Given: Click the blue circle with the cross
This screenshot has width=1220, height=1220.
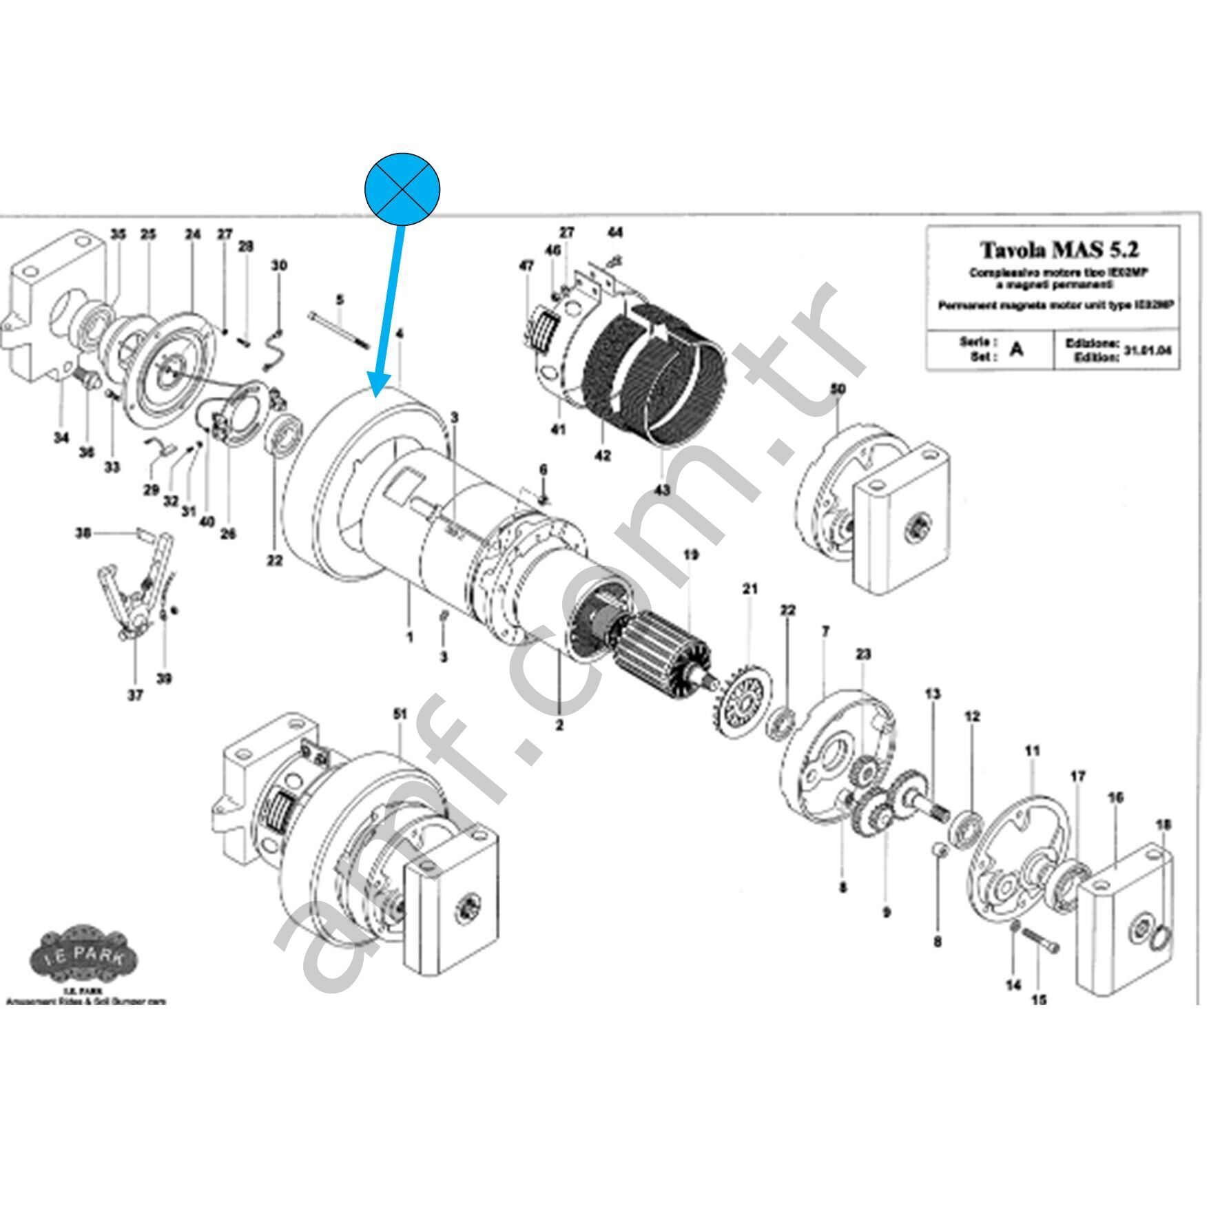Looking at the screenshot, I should [402, 189].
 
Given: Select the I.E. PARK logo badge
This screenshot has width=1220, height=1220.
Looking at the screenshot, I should [84, 957].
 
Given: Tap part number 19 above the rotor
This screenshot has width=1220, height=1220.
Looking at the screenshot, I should [690, 555].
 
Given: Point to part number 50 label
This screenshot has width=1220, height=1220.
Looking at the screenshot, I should [837, 389].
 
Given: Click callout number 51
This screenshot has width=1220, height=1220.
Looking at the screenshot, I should [400, 715].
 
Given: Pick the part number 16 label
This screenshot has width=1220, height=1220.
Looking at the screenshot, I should [1115, 798].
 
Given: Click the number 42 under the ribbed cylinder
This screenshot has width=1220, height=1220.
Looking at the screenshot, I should [602, 456].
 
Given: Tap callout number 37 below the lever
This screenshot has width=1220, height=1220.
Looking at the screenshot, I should [135, 695].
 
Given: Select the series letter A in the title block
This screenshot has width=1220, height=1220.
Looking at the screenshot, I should [1016, 349].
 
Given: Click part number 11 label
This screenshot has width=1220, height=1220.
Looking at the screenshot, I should [1032, 751].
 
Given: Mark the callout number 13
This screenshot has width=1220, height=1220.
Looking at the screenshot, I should [932, 694].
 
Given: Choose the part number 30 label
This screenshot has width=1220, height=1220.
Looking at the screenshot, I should [278, 265].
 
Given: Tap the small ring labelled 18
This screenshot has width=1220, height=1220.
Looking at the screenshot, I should [1161, 936].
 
